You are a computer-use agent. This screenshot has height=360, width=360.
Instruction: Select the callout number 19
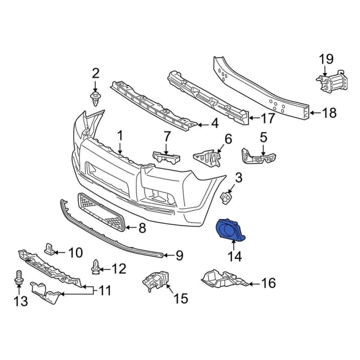point(326,60)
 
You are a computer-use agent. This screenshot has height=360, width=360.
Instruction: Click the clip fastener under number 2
point(96,98)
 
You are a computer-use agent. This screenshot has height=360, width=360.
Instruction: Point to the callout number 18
point(330,113)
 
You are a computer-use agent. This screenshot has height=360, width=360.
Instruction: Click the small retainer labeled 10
point(50,248)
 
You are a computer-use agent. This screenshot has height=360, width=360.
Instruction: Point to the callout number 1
point(120,136)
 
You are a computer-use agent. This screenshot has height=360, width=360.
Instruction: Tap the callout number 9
point(179,256)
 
